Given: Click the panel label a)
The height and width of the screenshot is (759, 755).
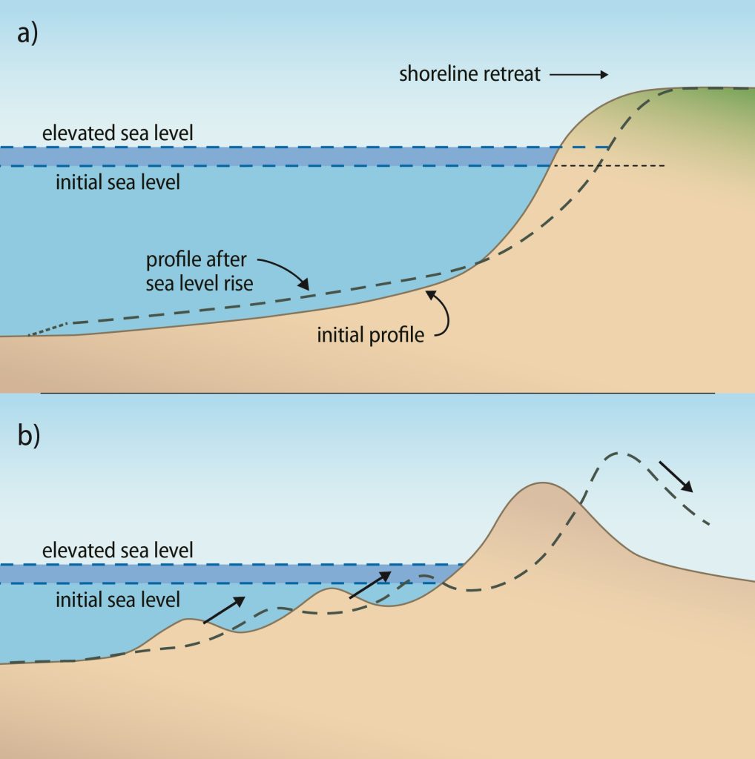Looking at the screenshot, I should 27,36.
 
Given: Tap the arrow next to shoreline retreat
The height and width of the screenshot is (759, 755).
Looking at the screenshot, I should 579,74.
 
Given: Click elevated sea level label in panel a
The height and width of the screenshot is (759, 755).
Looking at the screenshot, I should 118,133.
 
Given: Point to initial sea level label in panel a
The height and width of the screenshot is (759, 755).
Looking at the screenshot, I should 118,182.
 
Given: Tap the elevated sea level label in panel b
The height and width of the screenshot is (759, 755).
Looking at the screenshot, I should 118,550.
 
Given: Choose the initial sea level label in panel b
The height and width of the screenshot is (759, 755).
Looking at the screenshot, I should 118,598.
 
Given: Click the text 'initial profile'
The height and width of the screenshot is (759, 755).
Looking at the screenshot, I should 371,335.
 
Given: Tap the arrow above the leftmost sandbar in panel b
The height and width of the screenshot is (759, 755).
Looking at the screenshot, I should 222,610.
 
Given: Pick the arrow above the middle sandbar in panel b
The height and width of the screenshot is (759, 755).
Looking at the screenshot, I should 369,584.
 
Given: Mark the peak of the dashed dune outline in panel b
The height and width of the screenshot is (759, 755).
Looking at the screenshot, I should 622,453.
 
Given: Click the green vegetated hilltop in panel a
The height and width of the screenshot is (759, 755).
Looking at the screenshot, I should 712,111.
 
